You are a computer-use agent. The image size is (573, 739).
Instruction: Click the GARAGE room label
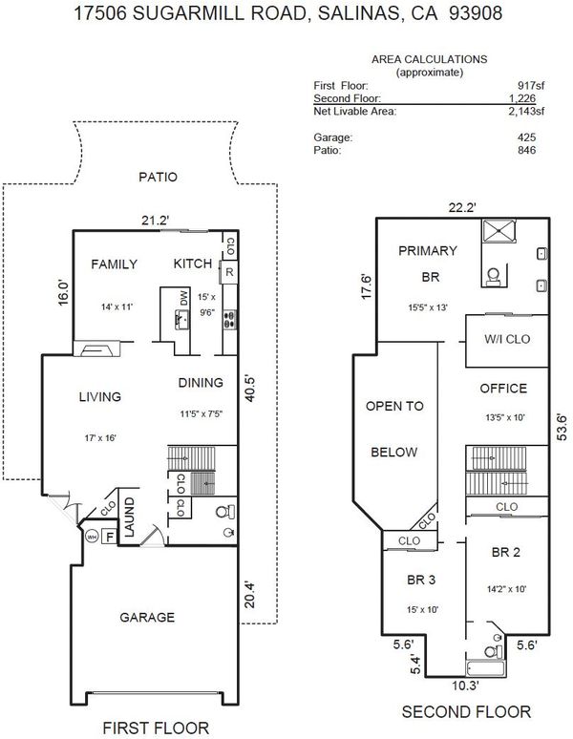click(x=147, y=618)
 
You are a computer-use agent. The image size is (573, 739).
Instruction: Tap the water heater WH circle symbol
click(x=92, y=537)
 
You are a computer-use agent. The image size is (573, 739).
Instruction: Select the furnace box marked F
click(x=109, y=537)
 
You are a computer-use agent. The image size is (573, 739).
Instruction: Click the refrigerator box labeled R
click(x=229, y=272)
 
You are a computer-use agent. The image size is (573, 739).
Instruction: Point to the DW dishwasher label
click(x=183, y=298)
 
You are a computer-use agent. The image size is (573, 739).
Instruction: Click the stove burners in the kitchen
click(x=230, y=320)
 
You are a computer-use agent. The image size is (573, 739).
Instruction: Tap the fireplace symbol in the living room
click(x=96, y=348)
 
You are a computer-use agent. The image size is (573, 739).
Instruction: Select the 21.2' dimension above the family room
click(x=155, y=221)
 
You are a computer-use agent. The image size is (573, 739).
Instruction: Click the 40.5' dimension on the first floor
click(x=250, y=389)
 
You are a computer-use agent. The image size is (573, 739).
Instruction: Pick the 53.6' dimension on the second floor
click(x=562, y=427)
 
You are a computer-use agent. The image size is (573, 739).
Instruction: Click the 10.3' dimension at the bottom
click(x=466, y=686)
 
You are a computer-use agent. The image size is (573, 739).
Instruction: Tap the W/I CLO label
click(x=507, y=339)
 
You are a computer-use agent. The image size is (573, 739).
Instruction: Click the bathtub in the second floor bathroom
click(x=486, y=668)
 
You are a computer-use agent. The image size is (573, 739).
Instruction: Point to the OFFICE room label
click(x=503, y=389)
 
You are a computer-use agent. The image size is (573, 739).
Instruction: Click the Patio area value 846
click(x=526, y=150)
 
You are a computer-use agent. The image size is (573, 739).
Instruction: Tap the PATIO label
click(x=158, y=178)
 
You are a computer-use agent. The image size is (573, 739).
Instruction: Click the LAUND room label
click(x=129, y=517)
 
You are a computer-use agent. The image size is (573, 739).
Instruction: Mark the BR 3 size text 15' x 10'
click(x=423, y=610)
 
